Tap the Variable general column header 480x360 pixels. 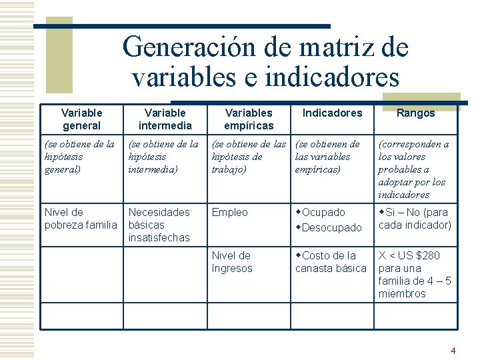coord(81,119)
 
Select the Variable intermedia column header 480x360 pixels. coord(165,119)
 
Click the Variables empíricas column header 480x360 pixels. coord(249,119)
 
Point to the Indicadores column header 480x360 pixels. coord(332,113)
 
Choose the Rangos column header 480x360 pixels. coord(415,113)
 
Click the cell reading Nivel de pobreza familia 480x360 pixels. coord(80,219)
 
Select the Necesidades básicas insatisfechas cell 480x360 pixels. coord(159,225)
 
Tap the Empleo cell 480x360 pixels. coord(229,213)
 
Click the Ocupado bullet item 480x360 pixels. coord(323,213)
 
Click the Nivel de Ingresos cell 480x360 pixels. coord(232,262)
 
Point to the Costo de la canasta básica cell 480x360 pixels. coord(331,262)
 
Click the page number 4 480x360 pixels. coord(453,351)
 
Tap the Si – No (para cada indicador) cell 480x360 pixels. coord(415,219)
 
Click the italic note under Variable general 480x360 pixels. coord(79,157)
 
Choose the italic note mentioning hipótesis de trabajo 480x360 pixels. coord(248,157)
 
